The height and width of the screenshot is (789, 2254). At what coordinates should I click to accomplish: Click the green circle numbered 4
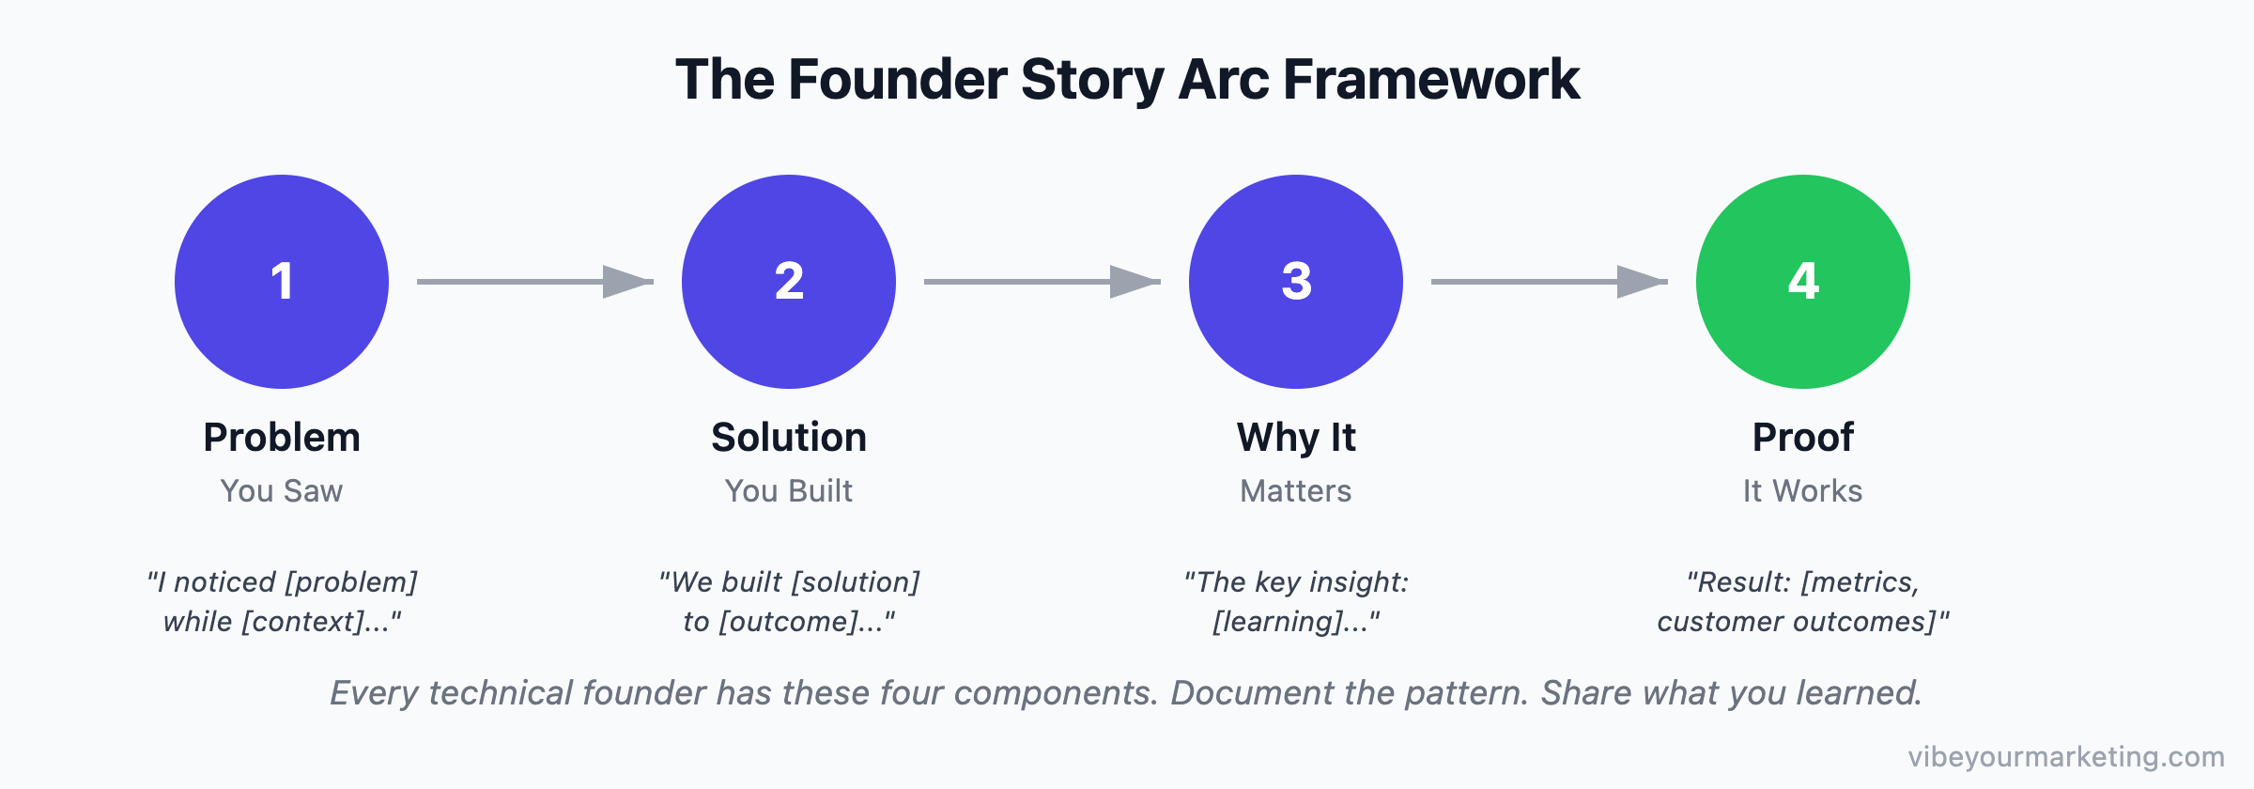[x=1802, y=282]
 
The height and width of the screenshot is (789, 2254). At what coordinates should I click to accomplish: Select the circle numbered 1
[x=282, y=282]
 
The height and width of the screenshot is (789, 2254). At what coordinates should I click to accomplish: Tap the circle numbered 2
[x=789, y=282]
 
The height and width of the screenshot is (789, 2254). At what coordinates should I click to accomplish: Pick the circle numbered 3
[x=1296, y=282]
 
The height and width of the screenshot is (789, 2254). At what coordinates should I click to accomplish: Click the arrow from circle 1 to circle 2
[x=534, y=281]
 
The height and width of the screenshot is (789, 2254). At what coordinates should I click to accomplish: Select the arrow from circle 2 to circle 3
[x=1042, y=281]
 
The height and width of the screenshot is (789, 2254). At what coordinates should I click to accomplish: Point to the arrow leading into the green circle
[x=1549, y=281]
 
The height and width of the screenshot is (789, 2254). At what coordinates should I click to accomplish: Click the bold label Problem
[x=282, y=438]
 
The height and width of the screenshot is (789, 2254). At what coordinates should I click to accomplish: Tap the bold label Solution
[x=789, y=438]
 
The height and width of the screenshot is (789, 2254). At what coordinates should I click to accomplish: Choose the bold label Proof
[x=1802, y=438]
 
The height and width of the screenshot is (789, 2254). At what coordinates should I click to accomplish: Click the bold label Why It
[x=1296, y=438]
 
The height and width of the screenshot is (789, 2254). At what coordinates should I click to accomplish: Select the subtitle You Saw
[x=282, y=491]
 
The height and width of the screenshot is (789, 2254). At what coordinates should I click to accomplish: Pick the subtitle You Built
[x=789, y=491]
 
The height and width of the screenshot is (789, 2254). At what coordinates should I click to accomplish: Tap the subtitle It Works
[x=1802, y=491]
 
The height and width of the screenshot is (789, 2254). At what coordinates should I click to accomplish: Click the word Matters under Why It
[x=1296, y=491]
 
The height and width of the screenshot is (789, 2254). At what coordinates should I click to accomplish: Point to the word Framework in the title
[x=1431, y=80]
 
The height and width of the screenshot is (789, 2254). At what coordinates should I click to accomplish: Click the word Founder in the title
[x=897, y=80]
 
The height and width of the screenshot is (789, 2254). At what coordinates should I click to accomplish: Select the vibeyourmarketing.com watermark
[x=2066, y=756]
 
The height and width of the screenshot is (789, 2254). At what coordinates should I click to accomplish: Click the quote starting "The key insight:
[x=1296, y=601]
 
